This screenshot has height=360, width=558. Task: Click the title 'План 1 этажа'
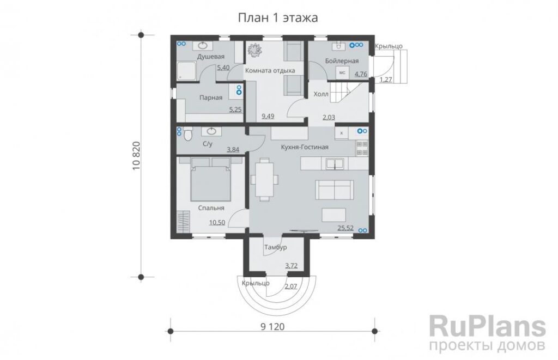tap(277, 18)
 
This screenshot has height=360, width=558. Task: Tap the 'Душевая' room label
tap(211, 57)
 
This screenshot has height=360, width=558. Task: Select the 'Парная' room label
tap(211, 97)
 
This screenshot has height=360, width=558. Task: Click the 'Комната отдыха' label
tap(270, 70)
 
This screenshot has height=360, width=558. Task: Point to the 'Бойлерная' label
tap(342, 61)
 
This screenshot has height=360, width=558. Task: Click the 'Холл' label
tap(320, 94)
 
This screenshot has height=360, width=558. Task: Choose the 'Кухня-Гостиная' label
tap(305, 147)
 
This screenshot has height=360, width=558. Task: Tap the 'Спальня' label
tap(211, 208)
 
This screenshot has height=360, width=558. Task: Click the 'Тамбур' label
tap(275, 247)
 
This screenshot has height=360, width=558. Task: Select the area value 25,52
tap(345, 228)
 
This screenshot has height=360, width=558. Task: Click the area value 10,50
tap(217, 223)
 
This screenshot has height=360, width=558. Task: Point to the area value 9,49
tap(268, 116)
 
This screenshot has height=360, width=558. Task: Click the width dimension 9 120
tap(272, 327)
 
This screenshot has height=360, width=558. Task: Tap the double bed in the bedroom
tap(211, 180)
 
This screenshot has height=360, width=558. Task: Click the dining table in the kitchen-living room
tap(264, 180)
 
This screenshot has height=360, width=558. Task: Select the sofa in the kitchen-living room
tap(335, 190)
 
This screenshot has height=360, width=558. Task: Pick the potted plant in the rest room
tap(255, 50)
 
